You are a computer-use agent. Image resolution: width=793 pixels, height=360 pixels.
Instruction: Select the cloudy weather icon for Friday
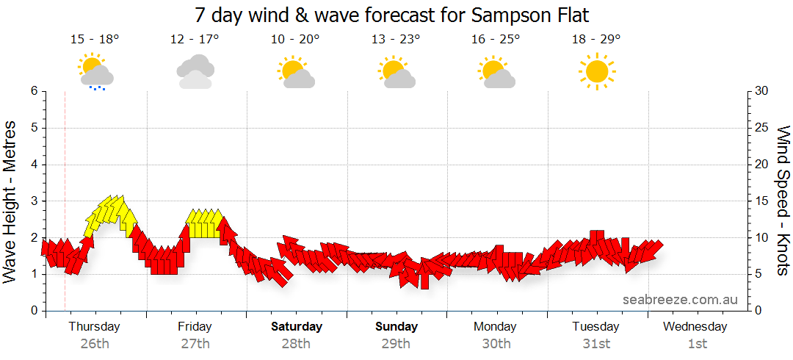click(x=195, y=71)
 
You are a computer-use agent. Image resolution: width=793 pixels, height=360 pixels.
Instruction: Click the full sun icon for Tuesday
click(x=596, y=71)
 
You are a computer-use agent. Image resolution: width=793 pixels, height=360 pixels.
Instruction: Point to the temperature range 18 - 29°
click(x=596, y=39)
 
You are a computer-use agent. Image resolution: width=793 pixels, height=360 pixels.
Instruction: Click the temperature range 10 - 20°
click(x=295, y=39)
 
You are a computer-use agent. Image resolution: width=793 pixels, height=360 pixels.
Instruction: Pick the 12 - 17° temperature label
click(x=195, y=39)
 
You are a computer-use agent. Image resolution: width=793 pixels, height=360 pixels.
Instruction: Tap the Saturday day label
click(x=297, y=326)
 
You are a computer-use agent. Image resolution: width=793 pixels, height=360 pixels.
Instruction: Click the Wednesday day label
click(x=695, y=326)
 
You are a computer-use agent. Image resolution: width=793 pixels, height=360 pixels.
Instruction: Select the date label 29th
click(x=396, y=343)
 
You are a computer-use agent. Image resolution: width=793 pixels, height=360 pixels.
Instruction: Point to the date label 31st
click(x=596, y=343)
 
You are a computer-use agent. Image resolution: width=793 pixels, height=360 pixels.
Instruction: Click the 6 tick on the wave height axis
click(x=34, y=91)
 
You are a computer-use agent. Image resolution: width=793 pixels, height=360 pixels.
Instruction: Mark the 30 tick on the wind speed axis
click(x=763, y=91)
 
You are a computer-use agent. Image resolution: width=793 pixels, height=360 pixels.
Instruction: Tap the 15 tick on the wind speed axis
click(x=763, y=201)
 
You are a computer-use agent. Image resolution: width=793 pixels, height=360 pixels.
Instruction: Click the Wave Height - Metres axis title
click(x=10, y=201)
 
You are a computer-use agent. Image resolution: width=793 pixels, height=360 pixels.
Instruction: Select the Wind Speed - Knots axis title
click(x=783, y=201)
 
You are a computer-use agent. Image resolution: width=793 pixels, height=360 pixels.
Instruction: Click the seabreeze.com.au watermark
click(x=680, y=300)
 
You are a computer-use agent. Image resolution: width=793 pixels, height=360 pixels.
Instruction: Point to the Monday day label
click(x=496, y=326)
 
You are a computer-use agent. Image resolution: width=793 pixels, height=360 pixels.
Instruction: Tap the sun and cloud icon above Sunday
click(x=396, y=71)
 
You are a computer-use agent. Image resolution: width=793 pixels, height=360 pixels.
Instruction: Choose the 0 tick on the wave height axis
click(x=34, y=311)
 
